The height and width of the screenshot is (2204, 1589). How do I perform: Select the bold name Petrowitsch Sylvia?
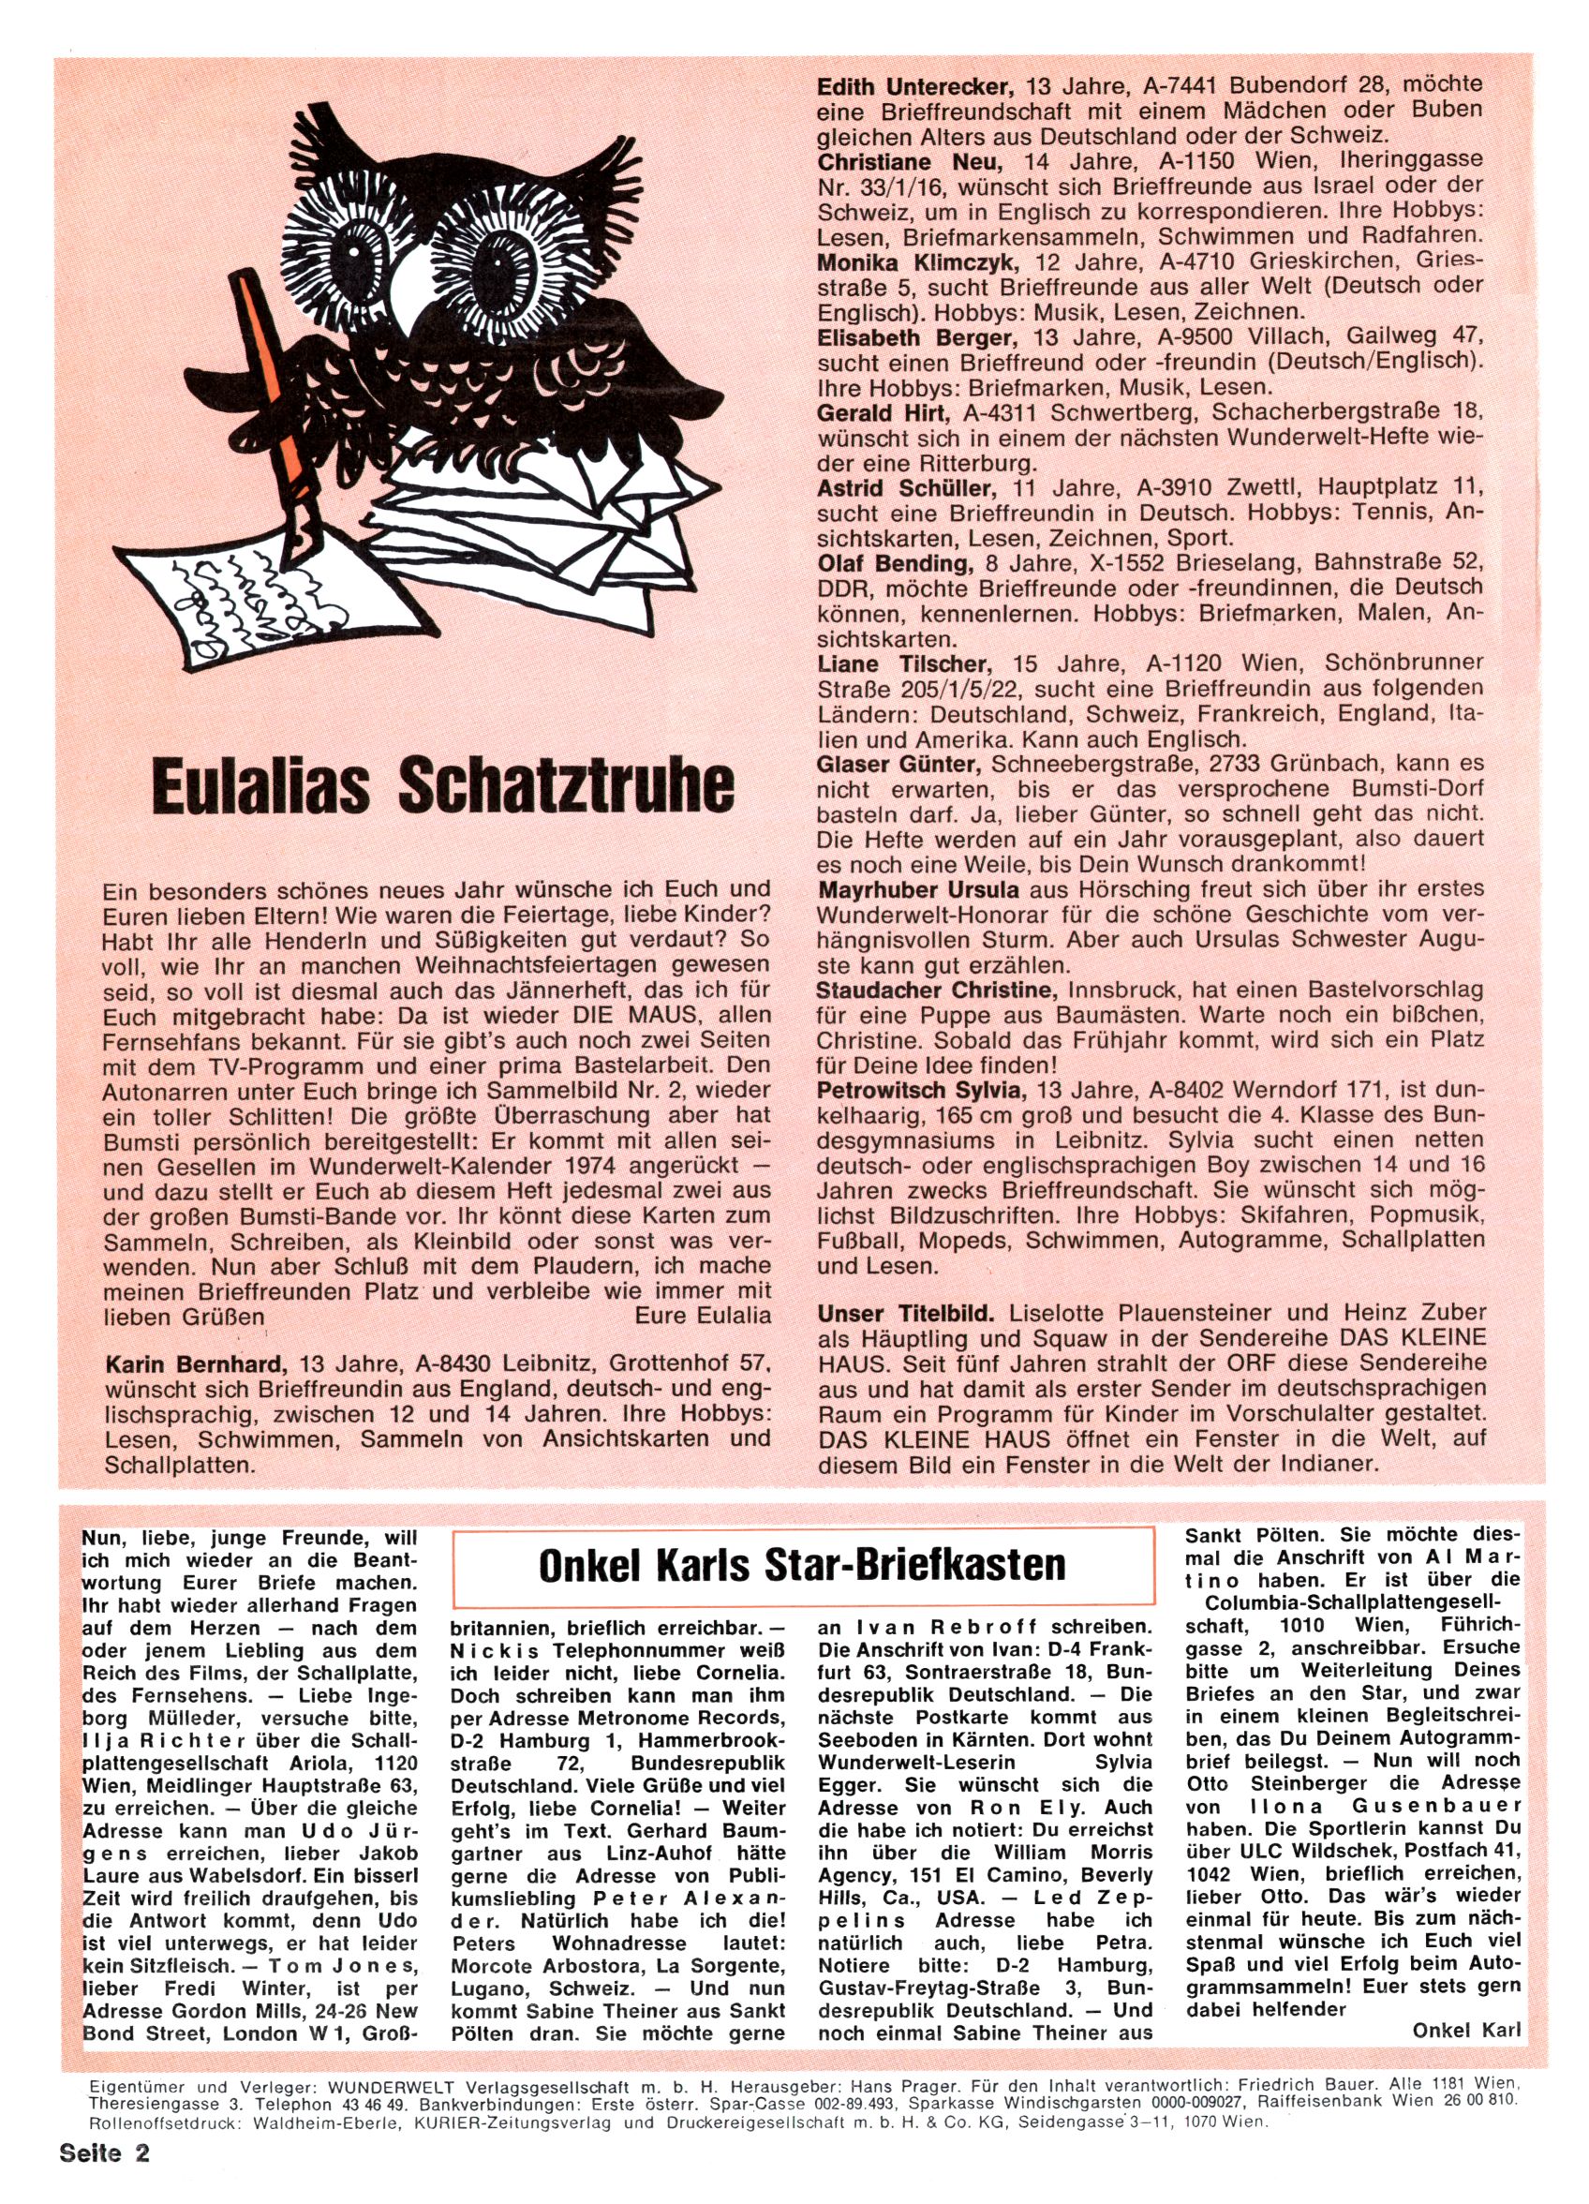(x=923, y=1086)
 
